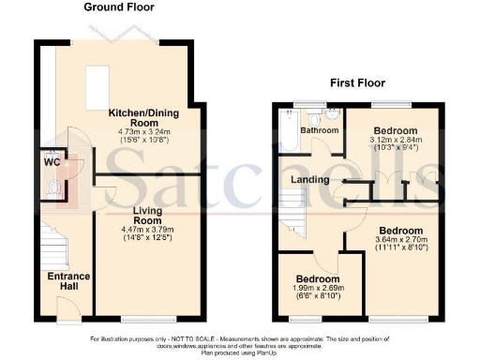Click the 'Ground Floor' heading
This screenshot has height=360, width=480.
click(120, 7)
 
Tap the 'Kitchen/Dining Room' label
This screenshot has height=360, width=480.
click(145, 117)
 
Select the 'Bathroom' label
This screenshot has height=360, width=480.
click(319, 130)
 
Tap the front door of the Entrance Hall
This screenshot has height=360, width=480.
click(67, 308)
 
